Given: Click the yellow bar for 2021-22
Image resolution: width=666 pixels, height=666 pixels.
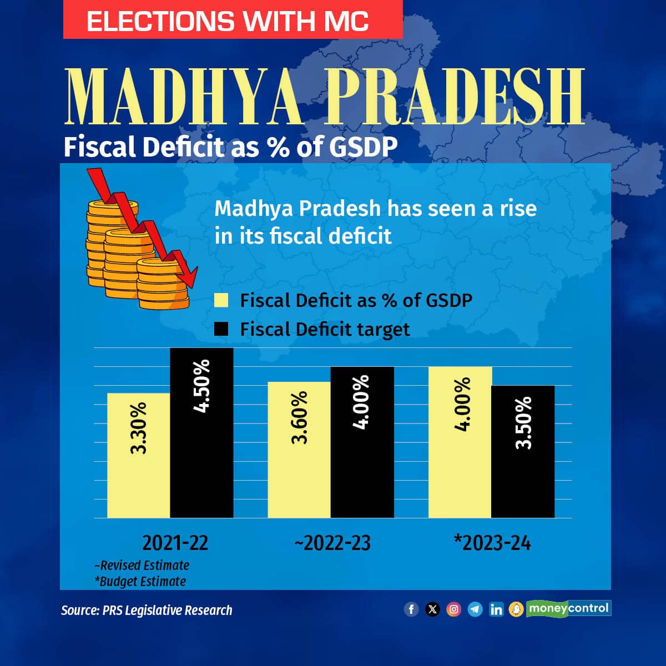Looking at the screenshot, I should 139,455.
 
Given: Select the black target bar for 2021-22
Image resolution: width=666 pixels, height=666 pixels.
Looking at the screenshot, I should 201,433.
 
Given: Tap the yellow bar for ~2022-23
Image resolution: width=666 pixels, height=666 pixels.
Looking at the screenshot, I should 299,450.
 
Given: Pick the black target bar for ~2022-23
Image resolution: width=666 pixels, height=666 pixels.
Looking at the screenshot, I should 362,442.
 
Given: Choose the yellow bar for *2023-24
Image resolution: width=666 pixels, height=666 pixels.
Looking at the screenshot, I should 460,442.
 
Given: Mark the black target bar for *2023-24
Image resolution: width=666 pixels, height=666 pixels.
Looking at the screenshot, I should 523,452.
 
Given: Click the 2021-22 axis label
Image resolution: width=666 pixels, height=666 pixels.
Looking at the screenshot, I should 175,543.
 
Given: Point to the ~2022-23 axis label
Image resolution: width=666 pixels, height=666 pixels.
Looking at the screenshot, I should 332,543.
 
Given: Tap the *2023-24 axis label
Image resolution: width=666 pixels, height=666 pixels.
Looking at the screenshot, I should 492,543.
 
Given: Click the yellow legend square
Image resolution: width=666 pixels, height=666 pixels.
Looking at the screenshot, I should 221,300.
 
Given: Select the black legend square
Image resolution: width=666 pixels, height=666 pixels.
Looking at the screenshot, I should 221,329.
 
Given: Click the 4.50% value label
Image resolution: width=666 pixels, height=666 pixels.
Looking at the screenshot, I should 201,385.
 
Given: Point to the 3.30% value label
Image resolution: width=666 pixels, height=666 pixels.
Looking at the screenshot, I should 139,428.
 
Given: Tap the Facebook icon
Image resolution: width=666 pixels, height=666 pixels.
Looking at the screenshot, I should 411,609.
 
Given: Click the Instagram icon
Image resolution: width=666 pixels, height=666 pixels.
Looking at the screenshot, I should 454,609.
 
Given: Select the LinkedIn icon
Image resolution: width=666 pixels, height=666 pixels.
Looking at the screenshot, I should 496,609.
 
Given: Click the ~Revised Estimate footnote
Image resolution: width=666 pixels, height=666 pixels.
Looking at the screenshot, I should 142,566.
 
